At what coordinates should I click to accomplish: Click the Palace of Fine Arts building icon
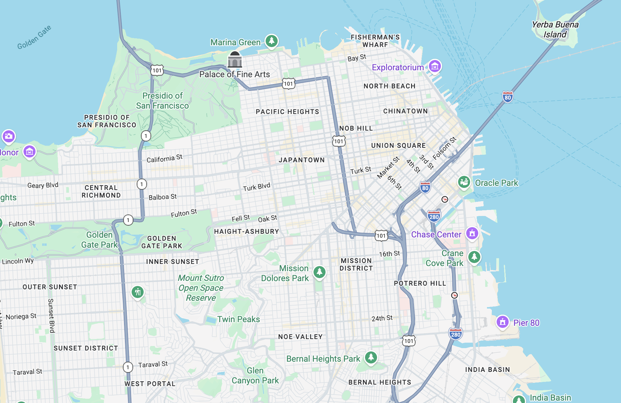pyautogui.click(x=235, y=60)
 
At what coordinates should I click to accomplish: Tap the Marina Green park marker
pyautogui.click(x=271, y=41)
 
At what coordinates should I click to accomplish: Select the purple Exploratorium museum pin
pyautogui.click(x=435, y=66)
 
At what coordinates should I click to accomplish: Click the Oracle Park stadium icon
pyautogui.click(x=464, y=182)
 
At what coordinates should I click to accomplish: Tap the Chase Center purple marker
pyautogui.click(x=472, y=233)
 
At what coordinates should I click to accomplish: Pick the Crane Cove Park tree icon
pyautogui.click(x=474, y=257)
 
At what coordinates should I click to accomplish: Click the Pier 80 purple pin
pyautogui.click(x=502, y=322)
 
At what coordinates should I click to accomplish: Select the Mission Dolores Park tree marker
pyautogui.click(x=319, y=272)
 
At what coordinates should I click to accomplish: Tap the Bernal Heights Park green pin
pyautogui.click(x=371, y=357)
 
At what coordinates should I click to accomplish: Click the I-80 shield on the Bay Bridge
pyautogui.click(x=507, y=97)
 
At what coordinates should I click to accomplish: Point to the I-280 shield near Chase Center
pyautogui.click(x=434, y=217)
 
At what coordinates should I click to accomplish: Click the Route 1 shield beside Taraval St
pyautogui.click(x=128, y=367)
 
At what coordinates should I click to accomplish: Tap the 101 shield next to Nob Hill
pyautogui.click(x=339, y=141)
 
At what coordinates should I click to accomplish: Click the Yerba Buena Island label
pyautogui.click(x=555, y=29)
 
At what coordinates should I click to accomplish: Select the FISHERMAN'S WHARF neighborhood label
pyautogui.click(x=375, y=41)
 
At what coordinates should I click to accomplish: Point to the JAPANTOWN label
pyautogui.click(x=301, y=160)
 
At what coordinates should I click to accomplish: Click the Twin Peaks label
pyautogui.click(x=239, y=319)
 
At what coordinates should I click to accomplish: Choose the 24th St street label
pyautogui.click(x=382, y=318)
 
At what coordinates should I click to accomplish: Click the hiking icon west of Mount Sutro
pyautogui.click(x=138, y=292)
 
